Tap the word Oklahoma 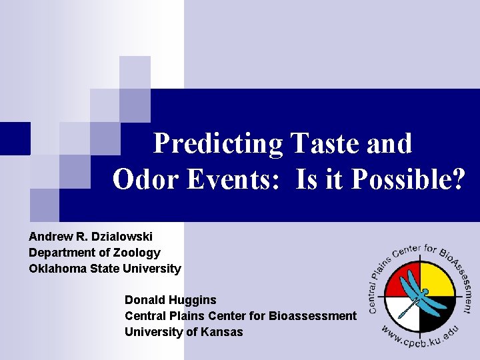[x=58, y=269]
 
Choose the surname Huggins [x=194, y=300]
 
